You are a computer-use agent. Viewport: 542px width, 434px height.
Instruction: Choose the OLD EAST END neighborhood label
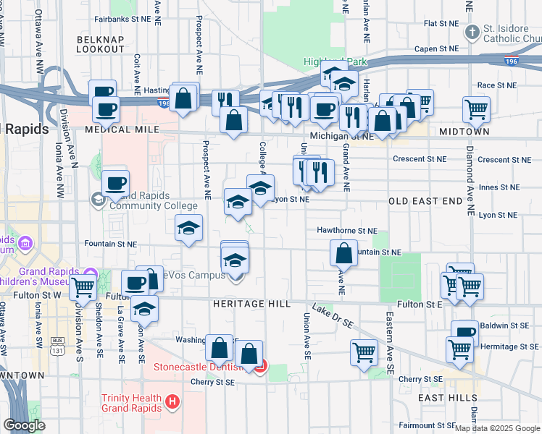425,201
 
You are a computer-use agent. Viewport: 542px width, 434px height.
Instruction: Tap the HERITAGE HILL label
251,305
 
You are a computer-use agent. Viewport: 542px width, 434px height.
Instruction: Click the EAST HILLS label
447,398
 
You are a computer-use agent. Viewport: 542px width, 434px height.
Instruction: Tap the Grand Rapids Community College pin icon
97,198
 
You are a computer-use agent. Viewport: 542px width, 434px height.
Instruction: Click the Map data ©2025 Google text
498,428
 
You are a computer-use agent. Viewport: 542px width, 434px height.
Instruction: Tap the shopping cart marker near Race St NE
476,110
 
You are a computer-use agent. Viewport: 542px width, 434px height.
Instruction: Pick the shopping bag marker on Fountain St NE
343,254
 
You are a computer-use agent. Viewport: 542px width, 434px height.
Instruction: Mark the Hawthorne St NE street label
347,231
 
